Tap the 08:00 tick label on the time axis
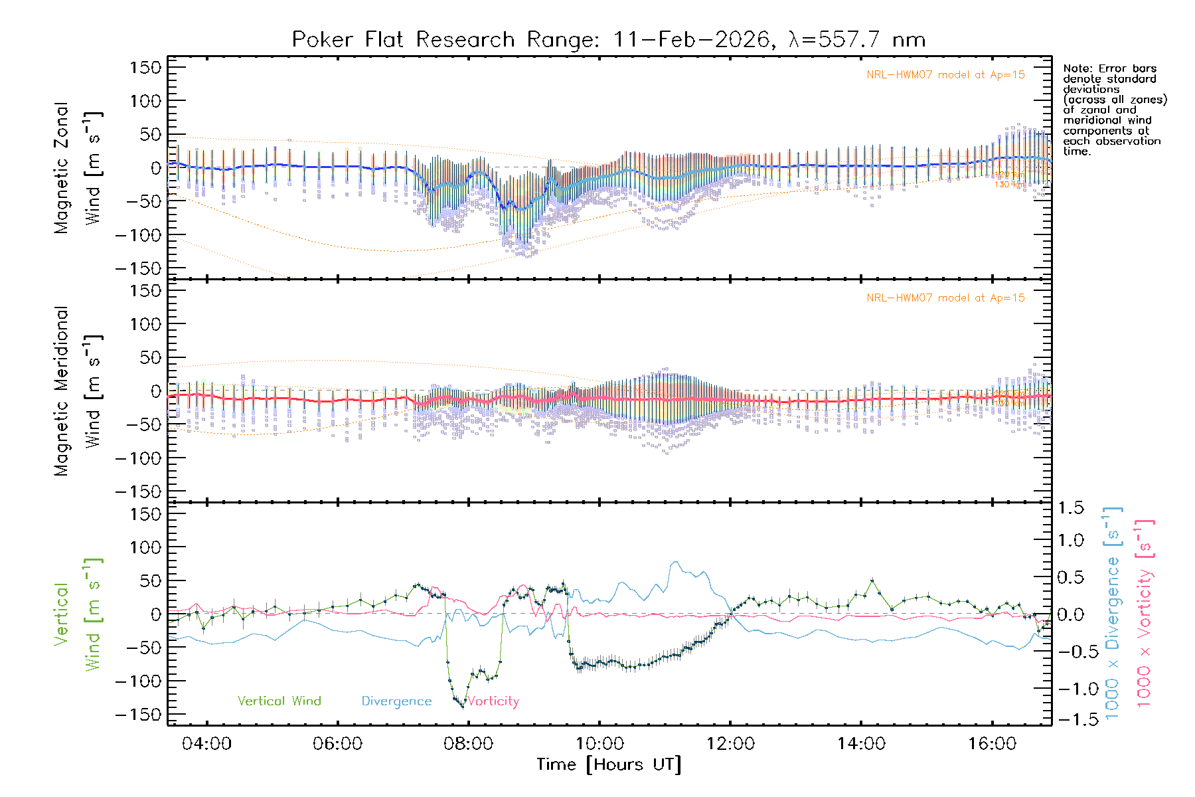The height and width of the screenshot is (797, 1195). coord(468,744)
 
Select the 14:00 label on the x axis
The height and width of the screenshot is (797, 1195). coord(860,744)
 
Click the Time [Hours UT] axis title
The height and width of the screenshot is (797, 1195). coord(609,765)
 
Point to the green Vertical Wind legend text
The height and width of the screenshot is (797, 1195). coord(279,701)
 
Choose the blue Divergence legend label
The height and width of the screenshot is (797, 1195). coord(396,701)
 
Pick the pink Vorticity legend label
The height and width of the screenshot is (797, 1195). coord(493,701)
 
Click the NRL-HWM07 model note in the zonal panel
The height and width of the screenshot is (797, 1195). coord(945,75)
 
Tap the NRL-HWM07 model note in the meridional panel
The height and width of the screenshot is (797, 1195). coord(945,298)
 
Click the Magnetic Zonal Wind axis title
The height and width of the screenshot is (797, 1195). coord(78,167)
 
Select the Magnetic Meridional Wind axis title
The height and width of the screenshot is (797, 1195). coord(78,391)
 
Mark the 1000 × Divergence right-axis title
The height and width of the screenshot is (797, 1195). coord(1113,613)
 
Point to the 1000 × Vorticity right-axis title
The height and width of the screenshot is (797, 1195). coord(1145,613)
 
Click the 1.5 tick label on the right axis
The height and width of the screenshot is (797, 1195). coord(1070,508)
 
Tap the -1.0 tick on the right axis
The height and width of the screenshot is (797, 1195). coord(1070,689)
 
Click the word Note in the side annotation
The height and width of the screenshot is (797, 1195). coord(1077,68)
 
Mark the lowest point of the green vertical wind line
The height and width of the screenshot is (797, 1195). coord(463,707)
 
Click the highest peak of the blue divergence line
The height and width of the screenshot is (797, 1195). coord(675,563)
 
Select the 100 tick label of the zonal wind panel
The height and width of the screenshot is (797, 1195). coord(145,101)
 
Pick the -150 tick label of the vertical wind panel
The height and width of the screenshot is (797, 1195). coord(139,715)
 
